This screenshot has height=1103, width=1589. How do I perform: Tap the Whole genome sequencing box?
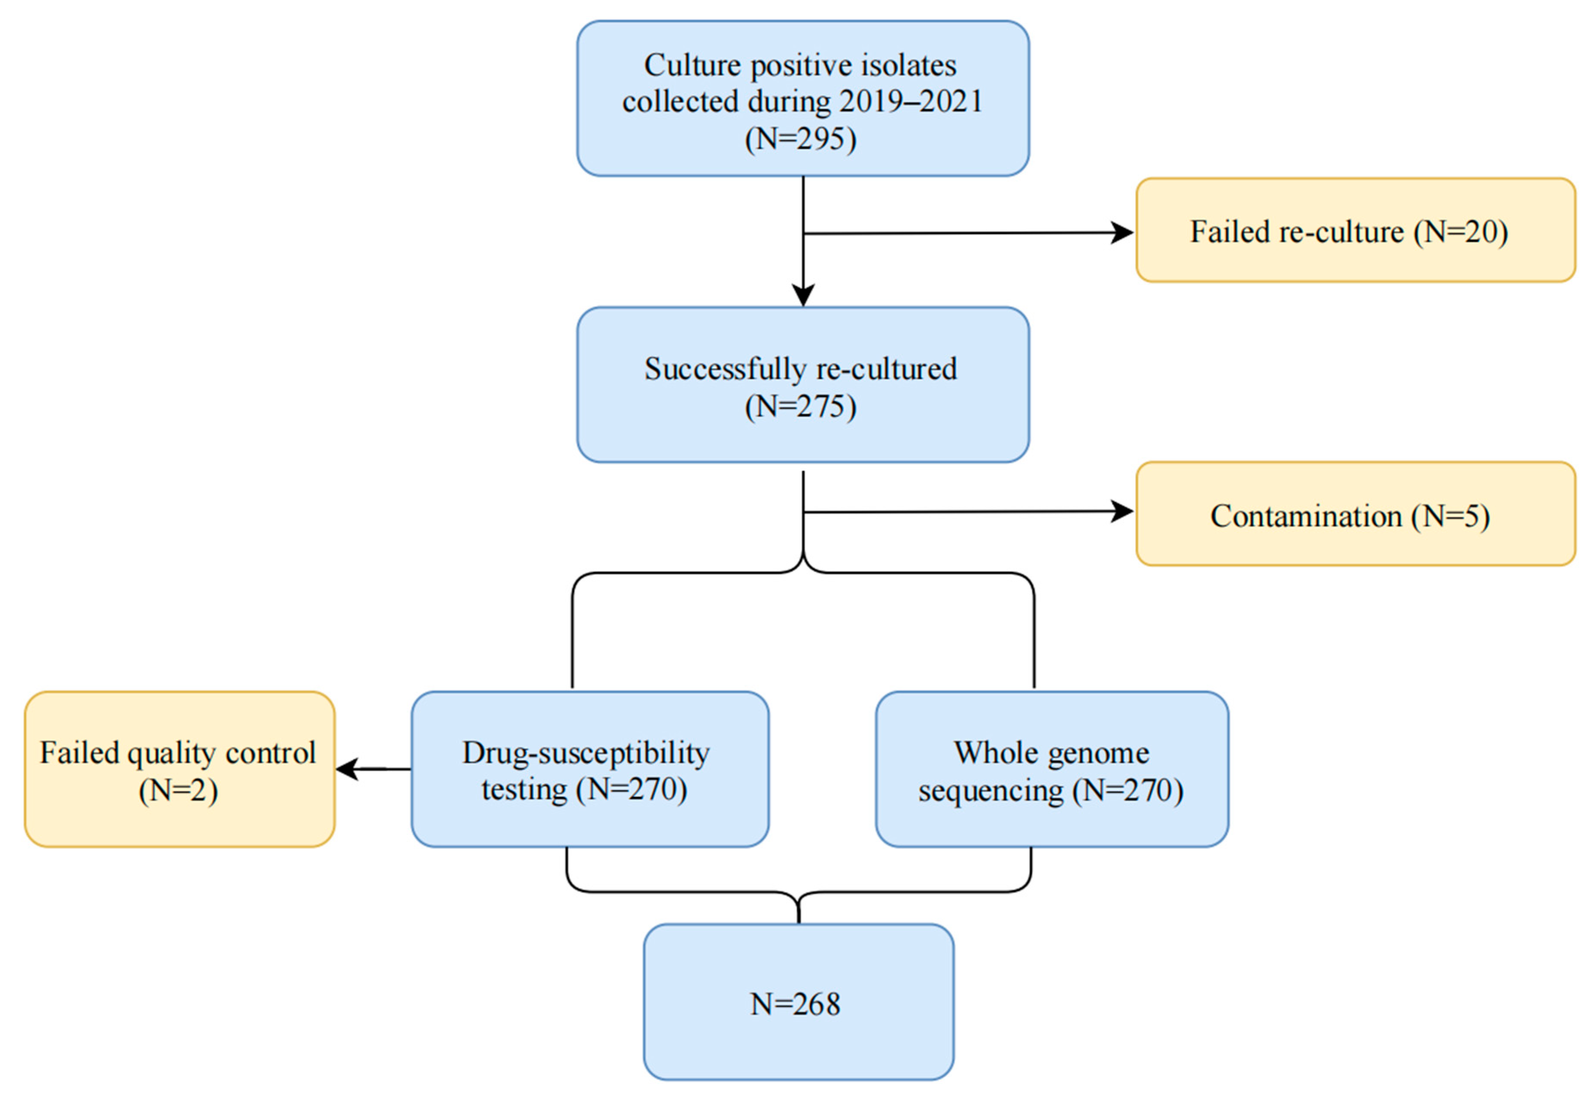click(1051, 769)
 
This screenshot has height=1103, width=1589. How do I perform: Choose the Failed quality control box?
click(179, 769)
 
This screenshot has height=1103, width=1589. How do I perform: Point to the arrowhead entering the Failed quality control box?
click(348, 769)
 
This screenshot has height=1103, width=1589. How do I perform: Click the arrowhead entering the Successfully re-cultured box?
click(803, 296)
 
